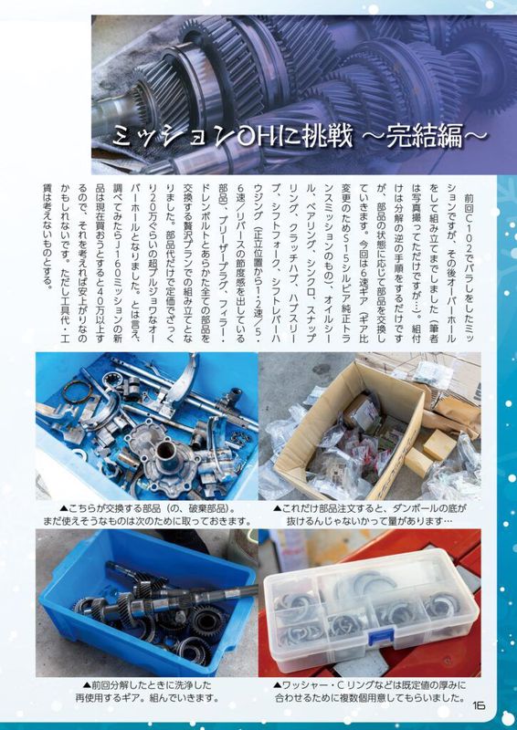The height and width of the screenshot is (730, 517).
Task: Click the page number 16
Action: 478,704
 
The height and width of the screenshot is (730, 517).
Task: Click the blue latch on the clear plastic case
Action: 381,635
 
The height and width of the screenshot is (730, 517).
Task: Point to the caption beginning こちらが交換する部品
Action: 147,514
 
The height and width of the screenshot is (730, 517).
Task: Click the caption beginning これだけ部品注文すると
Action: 370,514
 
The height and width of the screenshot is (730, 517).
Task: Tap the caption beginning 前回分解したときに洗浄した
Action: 147,692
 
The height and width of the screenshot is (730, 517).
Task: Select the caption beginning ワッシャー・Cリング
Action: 370,692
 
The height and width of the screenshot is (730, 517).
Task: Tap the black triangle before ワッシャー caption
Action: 278,686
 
